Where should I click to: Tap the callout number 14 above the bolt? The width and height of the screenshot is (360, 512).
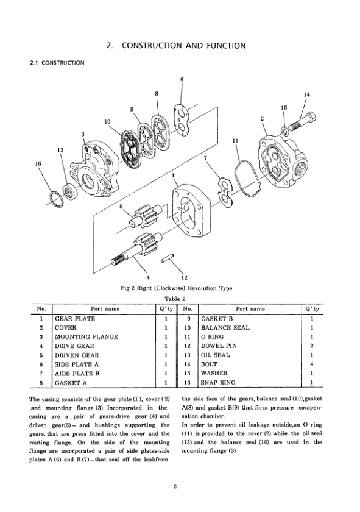pyautogui.click(x=306, y=94)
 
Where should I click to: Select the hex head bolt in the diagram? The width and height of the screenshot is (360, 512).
pyautogui.click(x=303, y=122)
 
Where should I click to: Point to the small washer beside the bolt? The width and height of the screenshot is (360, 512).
pyautogui.click(x=284, y=131)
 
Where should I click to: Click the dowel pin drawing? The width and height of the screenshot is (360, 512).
pyautogui.click(x=168, y=258)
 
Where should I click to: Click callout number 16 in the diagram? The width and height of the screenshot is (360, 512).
pyautogui.click(x=38, y=163)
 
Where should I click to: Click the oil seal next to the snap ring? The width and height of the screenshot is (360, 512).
pyautogui.click(x=69, y=192)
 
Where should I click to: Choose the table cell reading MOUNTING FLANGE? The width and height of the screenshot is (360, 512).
pyautogui.click(x=86, y=337)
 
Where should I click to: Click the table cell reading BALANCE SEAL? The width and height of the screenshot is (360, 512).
pyautogui.click(x=225, y=328)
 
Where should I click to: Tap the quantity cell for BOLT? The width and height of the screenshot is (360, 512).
pyautogui.click(x=312, y=364)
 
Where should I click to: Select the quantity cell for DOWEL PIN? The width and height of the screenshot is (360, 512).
pyautogui.click(x=312, y=346)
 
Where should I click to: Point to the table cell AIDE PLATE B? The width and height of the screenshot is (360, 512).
pyautogui.click(x=77, y=374)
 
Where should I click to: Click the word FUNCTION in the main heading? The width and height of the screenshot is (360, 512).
pyautogui.click(x=226, y=45)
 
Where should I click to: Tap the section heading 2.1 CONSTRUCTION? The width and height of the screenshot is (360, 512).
pyautogui.click(x=57, y=63)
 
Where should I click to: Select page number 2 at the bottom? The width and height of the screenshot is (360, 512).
pyautogui.click(x=175, y=486)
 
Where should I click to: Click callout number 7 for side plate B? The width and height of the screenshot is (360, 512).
pyautogui.click(x=205, y=158)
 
